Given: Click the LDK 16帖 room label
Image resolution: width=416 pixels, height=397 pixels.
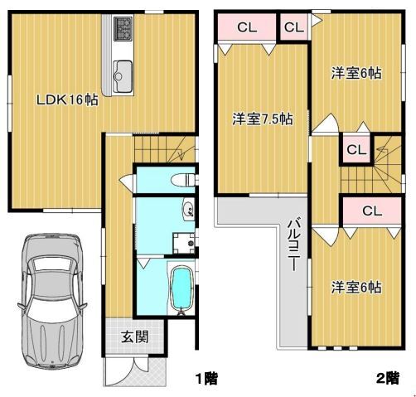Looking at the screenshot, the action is click(67, 99).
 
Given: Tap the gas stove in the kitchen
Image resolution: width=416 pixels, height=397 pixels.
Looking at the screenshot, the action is click(123, 29).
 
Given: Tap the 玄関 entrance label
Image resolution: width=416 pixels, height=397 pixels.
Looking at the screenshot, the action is click(135, 336).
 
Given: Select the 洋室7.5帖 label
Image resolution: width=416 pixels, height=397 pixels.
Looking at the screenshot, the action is click(263, 119).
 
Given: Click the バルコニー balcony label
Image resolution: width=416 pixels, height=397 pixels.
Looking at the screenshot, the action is click(294, 244).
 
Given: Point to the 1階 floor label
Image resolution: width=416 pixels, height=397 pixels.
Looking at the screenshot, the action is click(206, 379).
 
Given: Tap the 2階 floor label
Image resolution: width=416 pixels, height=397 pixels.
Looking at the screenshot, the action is click(388, 379).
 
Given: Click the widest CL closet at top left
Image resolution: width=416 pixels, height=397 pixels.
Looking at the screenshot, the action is click(247, 27).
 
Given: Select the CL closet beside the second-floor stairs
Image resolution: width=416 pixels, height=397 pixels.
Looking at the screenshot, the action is click(356, 150).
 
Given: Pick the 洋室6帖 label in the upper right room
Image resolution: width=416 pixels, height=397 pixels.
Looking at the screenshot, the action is click(356, 73).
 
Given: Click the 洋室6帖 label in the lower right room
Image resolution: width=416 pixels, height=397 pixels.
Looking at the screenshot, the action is click(356, 288).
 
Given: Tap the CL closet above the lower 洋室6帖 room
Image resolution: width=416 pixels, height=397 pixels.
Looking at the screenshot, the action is click(372, 211).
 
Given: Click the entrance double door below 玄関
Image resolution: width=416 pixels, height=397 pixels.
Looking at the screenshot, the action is click(135, 371).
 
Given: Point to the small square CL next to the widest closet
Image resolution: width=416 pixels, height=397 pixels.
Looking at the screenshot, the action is click(294, 27).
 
